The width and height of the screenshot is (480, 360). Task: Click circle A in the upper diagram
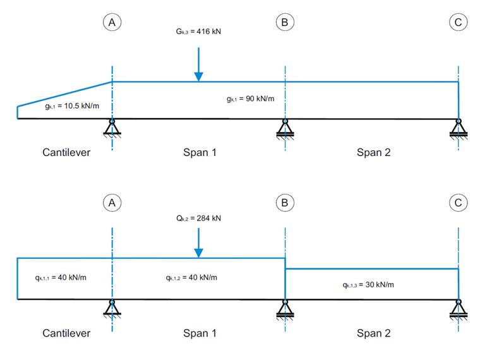pyautogui.click(x=112, y=23)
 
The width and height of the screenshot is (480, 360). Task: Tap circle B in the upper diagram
pyautogui.click(x=285, y=23)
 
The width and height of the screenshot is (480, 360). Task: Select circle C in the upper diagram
pyautogui.click(x=458, y=23)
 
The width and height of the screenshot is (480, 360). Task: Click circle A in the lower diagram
pyautogui.click(x=112, y=203)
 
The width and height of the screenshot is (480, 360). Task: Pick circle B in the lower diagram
pyautogui.click(x=285, y=203)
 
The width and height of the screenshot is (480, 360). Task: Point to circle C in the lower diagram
pyautogui.click(x=458, y=203)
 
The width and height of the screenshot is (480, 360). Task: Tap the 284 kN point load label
pyautogui.click(x=198, y=219)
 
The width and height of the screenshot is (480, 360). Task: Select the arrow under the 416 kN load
pyautogui.click(x=198, y=66)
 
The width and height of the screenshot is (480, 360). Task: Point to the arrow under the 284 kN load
pyautogui.click(x=198, y=243)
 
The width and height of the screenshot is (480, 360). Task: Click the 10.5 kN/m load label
pyautogui.click(x=72, y=106)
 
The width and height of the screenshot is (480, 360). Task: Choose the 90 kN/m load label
pyautogui.click(x=250, y=99)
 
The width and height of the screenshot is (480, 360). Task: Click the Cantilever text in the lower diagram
pyautogui.click(x=66, y=333)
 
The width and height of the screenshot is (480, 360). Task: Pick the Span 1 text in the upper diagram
pyautogui.click(x=200, y=152)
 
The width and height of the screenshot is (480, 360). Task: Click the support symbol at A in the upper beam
pyautogui.click(x=112, y=128)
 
